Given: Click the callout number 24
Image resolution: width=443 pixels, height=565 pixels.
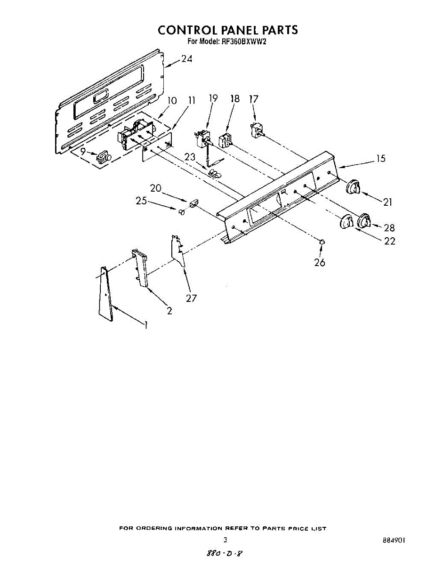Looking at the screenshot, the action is pyautogui.click(x=186, y=59).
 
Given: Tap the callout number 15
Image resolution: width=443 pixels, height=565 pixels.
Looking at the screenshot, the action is pyautogui.click(x=380, y=159).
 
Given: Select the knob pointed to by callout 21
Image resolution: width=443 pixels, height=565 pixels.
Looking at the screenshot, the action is pyautogui.click(x=354, y=187).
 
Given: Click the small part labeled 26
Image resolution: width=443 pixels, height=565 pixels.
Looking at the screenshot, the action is pyautogui.click(x=322, y=242).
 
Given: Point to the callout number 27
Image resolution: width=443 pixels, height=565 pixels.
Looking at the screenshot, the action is pyautogui.click(x=191, y=298).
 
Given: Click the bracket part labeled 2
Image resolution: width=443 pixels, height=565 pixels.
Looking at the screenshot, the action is pyautogui.click(x=140, y=268).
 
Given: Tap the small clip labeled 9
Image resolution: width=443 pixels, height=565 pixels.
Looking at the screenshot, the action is pyautogui.click(x=103, y=157).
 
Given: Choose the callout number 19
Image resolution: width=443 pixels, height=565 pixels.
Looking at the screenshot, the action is pyautogui.click(x=213, y=98).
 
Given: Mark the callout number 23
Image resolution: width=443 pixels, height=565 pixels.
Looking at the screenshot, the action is pyautogui.click(x=190, y=158).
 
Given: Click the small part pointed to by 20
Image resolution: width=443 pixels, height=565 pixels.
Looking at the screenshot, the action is pyautogui.click(x=192, y=203).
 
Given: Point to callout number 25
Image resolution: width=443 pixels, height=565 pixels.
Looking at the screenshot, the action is pyautogui.click(x=141, y=201).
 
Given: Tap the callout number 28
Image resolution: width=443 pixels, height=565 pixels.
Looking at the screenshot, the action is pyautogui.click(x=389, y=228).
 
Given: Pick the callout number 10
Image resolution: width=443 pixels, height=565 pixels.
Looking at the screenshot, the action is pyautogui.click(x=172, y=100).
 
